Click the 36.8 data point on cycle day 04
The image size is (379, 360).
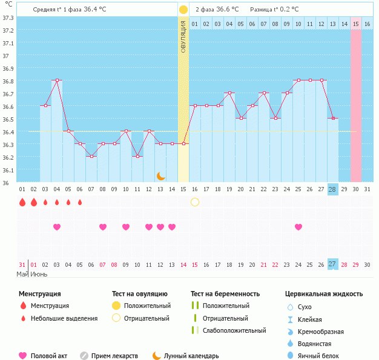(57, 80)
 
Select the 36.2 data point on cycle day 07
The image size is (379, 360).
(91, 156)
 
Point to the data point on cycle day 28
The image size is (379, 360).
(333, 118)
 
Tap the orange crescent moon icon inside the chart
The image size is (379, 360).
(160, 176)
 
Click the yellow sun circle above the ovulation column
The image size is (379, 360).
(183, 10)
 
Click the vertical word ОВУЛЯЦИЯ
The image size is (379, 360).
(183, 36)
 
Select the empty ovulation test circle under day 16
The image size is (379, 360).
(195, 202)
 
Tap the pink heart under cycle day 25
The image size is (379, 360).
(298, 227)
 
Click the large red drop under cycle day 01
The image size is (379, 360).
(22, 202)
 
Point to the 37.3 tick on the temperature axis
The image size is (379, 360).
(8, 18)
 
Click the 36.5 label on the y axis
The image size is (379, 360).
(8, 119)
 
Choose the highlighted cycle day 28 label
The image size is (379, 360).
(332, 189)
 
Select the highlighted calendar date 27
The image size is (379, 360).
(332, 264)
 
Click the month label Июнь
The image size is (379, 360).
(39, 274)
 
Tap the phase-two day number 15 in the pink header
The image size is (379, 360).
(356, 24)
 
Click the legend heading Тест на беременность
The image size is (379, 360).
(225, 294)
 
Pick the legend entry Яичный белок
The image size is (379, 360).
(318, 356)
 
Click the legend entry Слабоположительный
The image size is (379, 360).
(234, 330)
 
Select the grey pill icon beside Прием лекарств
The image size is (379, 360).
(84, 356)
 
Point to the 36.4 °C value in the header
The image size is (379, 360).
(95, 9)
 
